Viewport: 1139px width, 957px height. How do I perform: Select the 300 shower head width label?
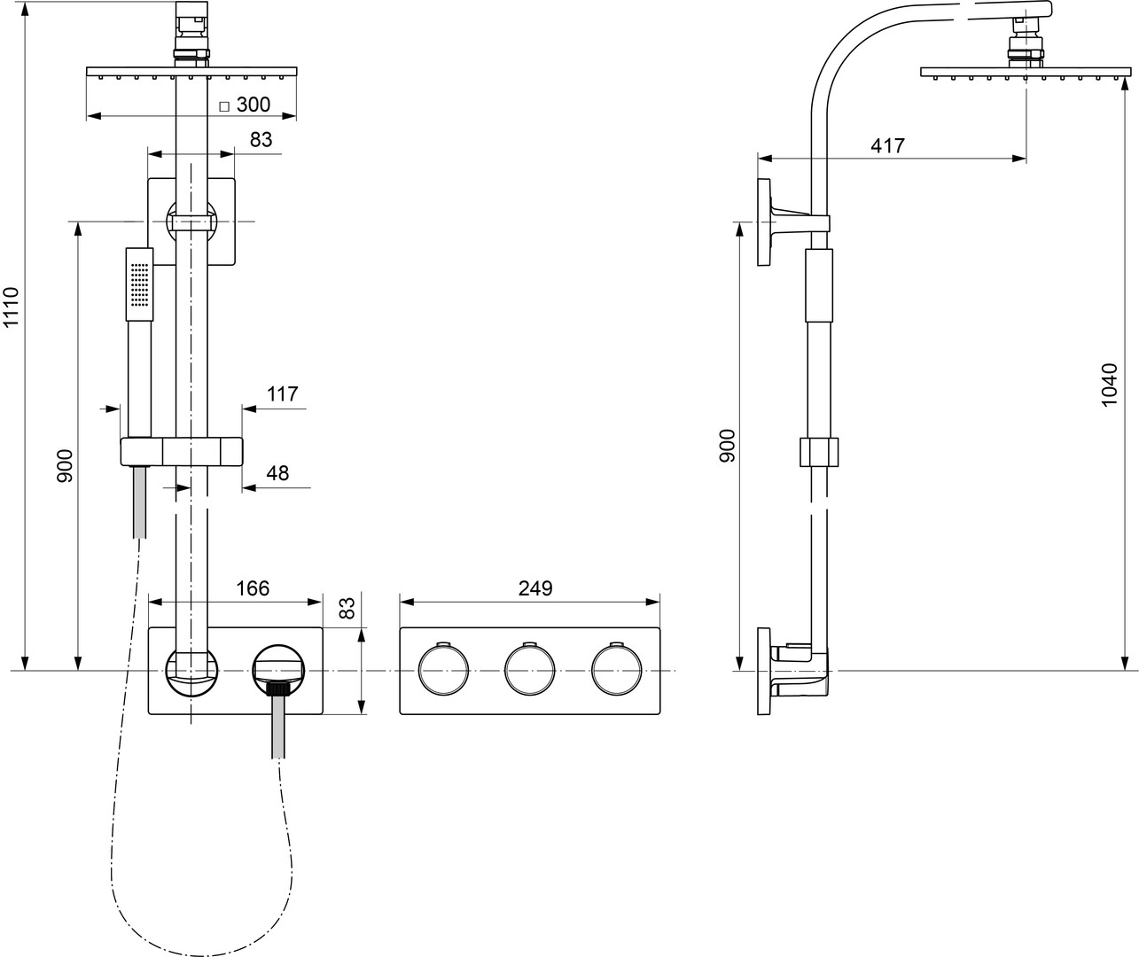tap(254, 105)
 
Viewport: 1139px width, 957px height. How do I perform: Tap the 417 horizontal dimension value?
tap(887, 145)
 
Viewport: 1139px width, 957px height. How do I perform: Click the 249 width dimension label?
tap(534, 588)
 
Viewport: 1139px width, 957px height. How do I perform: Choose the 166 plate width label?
tap(252, 588)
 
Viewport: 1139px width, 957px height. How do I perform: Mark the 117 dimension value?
tap(283, 394)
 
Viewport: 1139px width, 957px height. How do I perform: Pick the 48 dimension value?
tap(277, 473)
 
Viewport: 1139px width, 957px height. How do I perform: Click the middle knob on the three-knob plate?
tap(529, 669)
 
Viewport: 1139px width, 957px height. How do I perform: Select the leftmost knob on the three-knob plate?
tap(443, 669)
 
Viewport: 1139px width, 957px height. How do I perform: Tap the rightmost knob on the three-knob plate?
tap(616, 669)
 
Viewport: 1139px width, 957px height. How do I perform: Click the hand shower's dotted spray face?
tap(139, 284)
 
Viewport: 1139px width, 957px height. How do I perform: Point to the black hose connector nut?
tap(278, 688)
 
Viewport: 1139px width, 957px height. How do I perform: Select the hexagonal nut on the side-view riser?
tap(818, 451)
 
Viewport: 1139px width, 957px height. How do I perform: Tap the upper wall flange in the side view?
tap(763, 222)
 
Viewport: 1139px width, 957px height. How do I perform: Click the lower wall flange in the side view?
tap(763, 671)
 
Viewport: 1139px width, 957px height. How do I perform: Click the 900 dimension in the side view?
tap(727, 446)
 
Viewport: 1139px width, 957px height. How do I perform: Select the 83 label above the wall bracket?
tap(261, 140)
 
